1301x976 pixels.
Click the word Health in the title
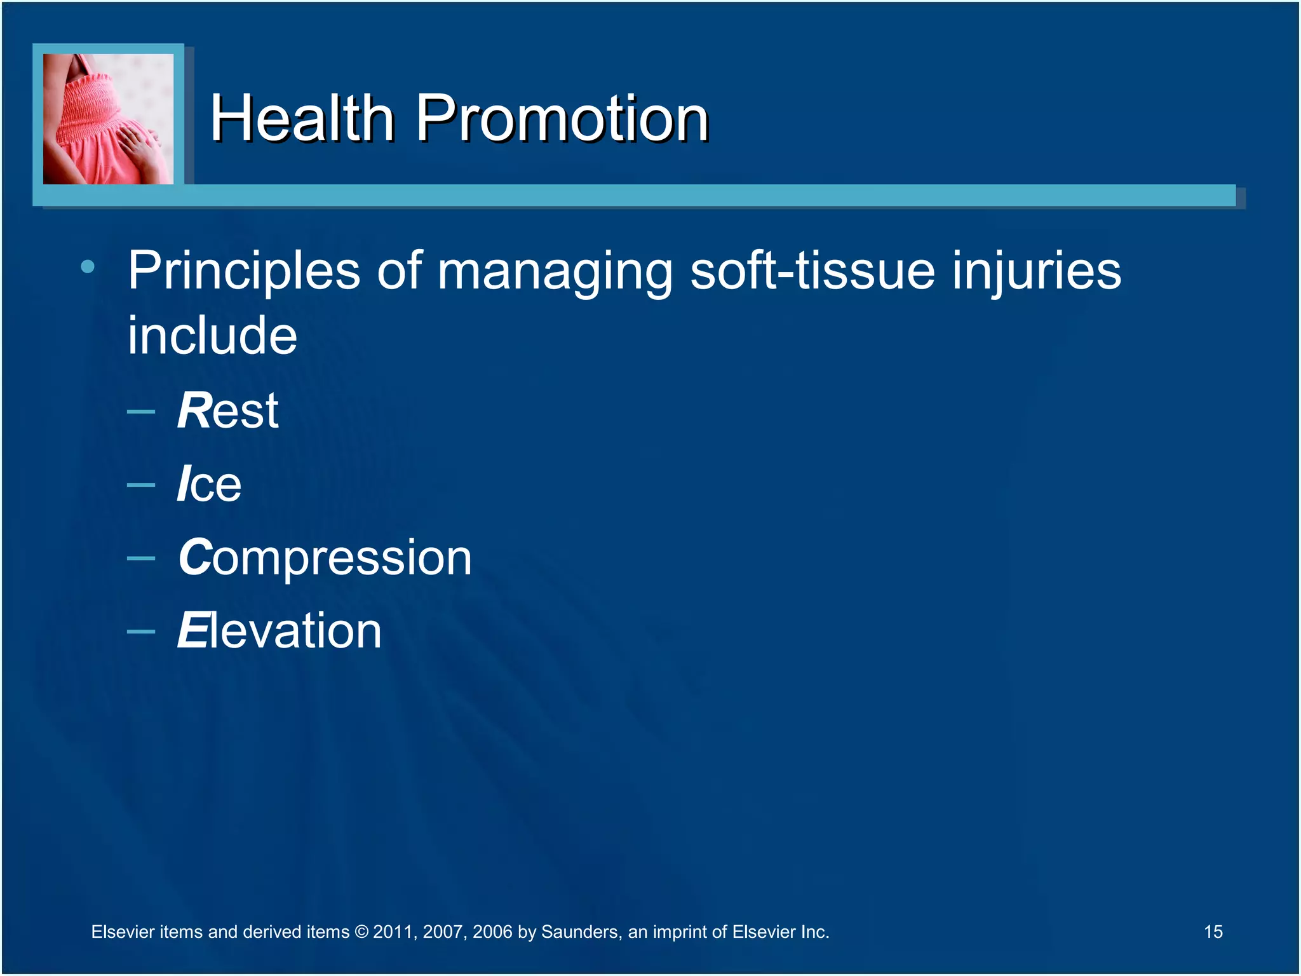tap(302, 118)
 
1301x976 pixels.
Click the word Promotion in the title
tap(562, 118)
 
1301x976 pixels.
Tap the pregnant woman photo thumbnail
tap(108, 119)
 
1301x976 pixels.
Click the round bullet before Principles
tap(88, 267)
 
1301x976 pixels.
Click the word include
tap(212, 335)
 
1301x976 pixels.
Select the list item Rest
tap(227, 410)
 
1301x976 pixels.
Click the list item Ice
tap(209, 484)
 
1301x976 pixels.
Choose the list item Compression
tap(325, 558)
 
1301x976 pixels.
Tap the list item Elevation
tap(280, 631)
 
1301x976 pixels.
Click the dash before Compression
tap(141, 559)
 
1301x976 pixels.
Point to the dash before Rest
tap(141, 412)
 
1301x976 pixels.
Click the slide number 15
tap(1213, 932)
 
